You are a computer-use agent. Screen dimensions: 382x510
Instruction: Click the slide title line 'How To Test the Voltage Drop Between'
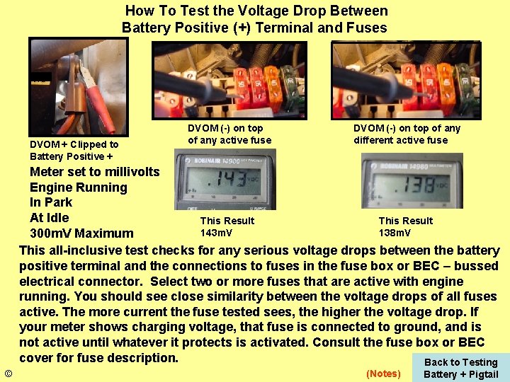(x=256, y=11)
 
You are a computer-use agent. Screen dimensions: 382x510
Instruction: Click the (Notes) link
(x=382, y=374)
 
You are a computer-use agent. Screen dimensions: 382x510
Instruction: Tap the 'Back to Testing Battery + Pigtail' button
(x=460, y=368)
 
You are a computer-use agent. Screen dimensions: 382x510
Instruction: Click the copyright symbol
(x=8, y=374)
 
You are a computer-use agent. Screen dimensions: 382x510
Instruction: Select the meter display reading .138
(x=412, y=182)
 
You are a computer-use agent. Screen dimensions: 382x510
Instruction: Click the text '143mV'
(x=216, y=233)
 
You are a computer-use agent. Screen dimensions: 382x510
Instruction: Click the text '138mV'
(x=395, y=233)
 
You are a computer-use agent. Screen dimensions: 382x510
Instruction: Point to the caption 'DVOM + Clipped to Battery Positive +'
(x=74, y=150)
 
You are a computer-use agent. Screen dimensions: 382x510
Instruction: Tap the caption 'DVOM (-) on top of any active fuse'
(x=229, y=134)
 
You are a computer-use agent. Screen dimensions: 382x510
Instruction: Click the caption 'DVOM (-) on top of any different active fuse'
(x=407, y=134)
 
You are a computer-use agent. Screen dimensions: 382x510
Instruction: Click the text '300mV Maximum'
(x=81, y=233)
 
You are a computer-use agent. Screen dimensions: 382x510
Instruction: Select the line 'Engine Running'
(x=78, y=187)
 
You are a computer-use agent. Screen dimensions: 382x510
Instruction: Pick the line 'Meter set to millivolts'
(x=95, y=172)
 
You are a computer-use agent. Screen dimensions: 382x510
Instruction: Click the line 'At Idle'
(x=49, y=218)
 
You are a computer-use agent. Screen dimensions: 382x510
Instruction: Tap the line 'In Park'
(x=51, y=202)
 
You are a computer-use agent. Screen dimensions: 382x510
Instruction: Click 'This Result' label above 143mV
(x=227, y=221)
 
